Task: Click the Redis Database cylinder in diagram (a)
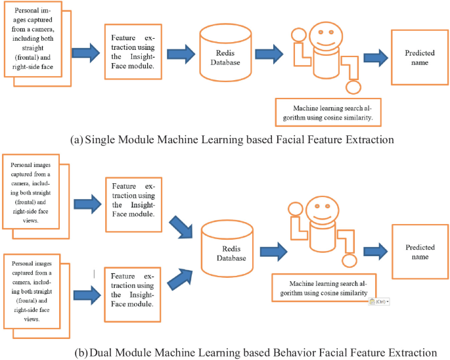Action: tap(225, 56)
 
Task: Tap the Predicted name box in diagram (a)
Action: tap(420, 57)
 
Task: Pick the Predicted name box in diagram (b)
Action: tap(420, 252)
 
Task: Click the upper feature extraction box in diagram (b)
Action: tap(133, 204)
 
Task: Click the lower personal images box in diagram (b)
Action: tap(34, 288)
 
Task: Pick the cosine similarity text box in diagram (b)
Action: tap(324, 287)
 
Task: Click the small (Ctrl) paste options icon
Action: tap(380, 301)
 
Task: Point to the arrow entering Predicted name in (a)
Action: tap(374, 58)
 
